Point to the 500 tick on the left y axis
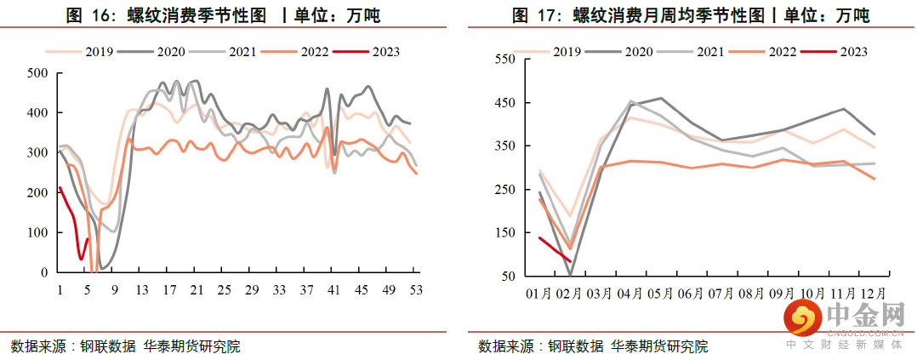point(37,73)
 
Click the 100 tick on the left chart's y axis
point(37,233)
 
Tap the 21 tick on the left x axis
point(196,290)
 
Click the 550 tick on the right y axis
point(504,60)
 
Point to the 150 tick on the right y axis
point(504,233)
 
